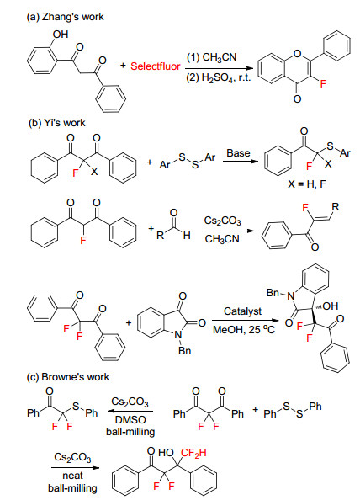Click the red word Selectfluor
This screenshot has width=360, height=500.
(155, 66)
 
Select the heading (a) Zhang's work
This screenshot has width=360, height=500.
(66, 17)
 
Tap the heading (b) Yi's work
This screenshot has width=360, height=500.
(57, 123)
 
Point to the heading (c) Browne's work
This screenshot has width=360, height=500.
(68, 377)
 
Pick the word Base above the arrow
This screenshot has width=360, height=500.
(238, 153)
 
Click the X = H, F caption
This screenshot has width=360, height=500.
(307, 184)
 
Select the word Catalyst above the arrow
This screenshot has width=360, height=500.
(242, 311)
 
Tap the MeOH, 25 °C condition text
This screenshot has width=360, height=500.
(244, 329)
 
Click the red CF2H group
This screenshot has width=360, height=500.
(193, 453)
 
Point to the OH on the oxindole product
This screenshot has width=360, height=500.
(330, 306)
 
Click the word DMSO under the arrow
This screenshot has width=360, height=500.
(130, 420)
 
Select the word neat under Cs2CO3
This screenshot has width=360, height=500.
(72, 476)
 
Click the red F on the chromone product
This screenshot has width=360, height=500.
(323, 84)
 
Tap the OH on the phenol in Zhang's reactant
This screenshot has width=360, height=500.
(61, 35)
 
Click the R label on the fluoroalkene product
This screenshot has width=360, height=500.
(336, 207)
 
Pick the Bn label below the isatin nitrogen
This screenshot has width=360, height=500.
(185, 350)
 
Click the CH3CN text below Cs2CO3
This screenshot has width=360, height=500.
(222, 239)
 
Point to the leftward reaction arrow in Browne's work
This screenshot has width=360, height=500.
(130, 411)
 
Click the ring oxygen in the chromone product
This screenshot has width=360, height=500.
(297, 53)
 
